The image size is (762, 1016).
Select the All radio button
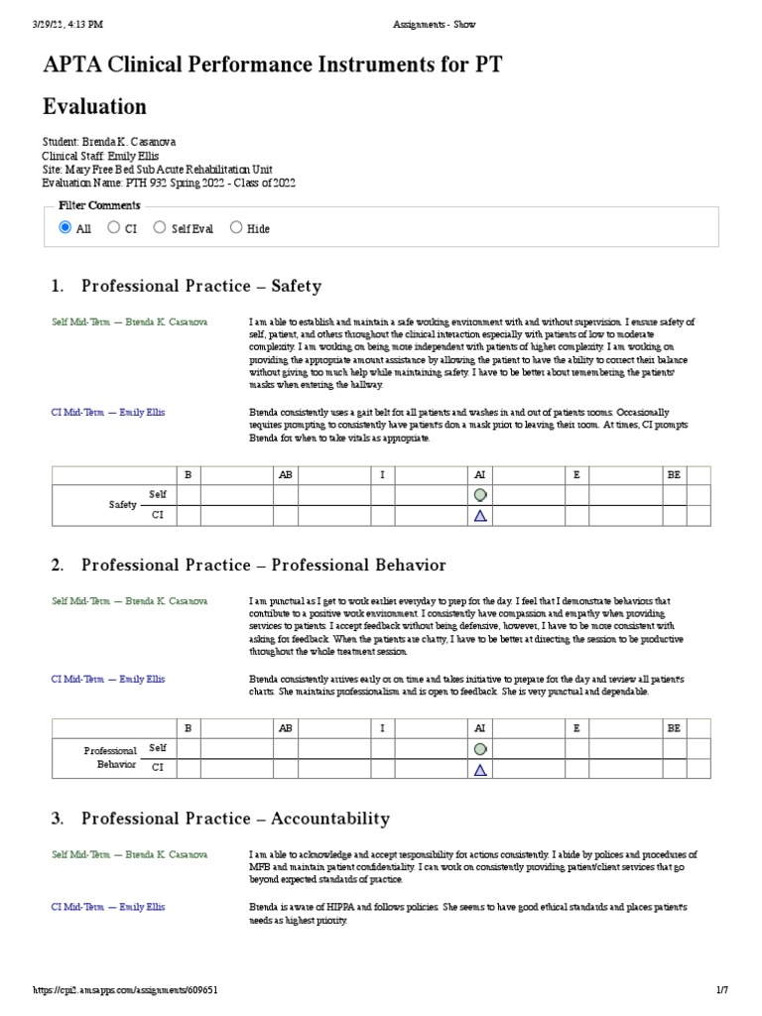(x=65, y=227)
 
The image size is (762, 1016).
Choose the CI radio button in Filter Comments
(x=113, y=227)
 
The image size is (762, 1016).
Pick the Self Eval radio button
(x=160, y=227)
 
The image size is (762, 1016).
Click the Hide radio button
(x=236, y=227)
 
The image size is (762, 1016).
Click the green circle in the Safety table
(x=480, y=494)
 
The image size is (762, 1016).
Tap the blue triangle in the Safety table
(x=480, y=515)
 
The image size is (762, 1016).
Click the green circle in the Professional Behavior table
(x=480, y=748)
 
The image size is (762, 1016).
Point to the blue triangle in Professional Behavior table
(x=480, y=769)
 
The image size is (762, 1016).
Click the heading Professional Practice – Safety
(x=200, y=286)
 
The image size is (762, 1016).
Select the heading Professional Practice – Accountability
(x=235, y=819)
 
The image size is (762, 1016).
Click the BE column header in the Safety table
(x=675, y=475)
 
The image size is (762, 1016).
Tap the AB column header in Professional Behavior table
(x=286, y=727)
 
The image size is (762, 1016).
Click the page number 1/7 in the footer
(x=722, y=990)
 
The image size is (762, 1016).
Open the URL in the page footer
(x=126, y=990)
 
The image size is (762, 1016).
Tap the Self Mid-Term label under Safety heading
(x=129, y=321)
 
